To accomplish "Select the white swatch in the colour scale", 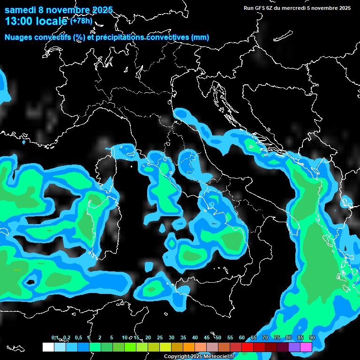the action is [48, 347].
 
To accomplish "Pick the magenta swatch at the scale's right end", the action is [306, 347].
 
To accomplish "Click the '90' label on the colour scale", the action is [312, 337].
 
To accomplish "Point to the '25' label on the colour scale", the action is [160, 337].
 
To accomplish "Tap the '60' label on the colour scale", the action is [242, 337].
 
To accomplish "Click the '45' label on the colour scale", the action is [207, 337].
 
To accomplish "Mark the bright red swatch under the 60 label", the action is [247, 347].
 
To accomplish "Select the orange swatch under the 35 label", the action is [189, 347].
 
